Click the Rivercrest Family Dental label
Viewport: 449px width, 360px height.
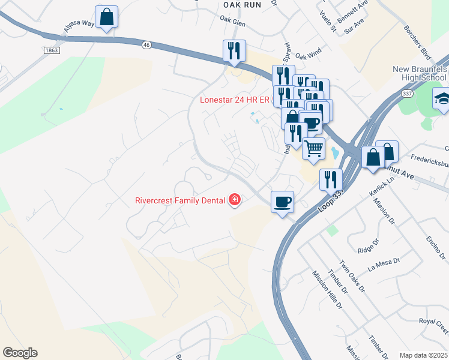[x=179, y=200]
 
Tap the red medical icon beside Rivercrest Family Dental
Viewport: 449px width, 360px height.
[x=234, y=200]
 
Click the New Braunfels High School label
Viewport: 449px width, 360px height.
[x=420, y=75]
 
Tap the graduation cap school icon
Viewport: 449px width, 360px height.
[x=442, y=98]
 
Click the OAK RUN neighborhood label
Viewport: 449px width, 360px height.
[x=242, y=4]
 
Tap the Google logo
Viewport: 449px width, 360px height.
[x=20, y=353]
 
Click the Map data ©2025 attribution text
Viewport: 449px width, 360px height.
[x=423, y=355]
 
